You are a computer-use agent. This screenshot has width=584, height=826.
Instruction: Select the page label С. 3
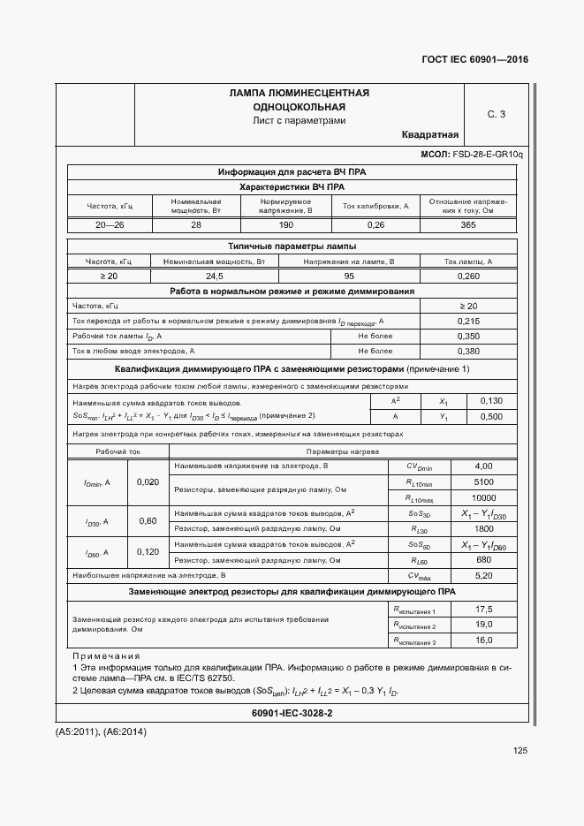click(497, 114)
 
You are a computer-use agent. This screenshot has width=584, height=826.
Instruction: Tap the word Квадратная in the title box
click(429, 134)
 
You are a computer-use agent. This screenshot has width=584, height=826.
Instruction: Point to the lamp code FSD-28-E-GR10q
click(488, 155)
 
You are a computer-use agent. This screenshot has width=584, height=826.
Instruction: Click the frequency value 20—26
click(110, 225)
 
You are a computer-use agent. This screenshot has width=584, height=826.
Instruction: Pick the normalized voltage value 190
click(285, 225)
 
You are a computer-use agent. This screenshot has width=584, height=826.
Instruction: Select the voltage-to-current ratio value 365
click(468, 225)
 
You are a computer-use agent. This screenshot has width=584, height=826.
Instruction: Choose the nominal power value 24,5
click(215, 277)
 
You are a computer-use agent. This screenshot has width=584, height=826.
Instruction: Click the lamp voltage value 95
click(349, 277)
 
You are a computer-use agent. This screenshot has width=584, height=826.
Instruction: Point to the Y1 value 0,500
click(491, 416)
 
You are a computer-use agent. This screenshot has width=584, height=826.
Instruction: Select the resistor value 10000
click(483, 497)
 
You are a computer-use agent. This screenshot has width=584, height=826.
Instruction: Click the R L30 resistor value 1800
click(483, 528)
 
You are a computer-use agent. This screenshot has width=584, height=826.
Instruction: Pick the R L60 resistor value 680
click(483, 560)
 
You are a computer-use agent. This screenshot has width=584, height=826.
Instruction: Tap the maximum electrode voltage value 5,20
click(483, 575)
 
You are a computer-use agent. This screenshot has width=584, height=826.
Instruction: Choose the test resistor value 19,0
click(483, 625)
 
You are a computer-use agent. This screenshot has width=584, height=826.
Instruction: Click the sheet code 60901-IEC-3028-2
click(292, 712)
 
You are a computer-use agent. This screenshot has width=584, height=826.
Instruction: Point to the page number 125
click(520, 751)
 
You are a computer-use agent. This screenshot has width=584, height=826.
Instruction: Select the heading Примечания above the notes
click(106, 656)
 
